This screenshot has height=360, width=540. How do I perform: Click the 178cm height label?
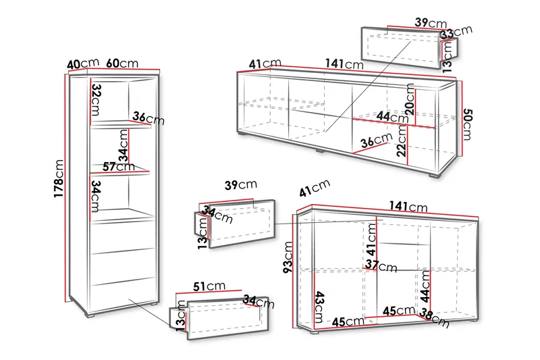(59, 178)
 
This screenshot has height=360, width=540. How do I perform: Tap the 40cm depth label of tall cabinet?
(83, 63)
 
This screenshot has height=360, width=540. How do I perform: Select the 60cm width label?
(122, 63)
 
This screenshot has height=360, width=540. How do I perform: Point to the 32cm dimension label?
(96, 100)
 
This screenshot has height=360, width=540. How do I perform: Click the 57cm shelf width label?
(119, 167)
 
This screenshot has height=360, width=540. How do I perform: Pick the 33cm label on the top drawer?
(456, 32)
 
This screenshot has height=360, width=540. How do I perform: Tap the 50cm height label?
(467, 124)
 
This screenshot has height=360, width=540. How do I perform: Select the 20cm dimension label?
(410, 99)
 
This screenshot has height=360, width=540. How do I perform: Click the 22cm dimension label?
(402, 141)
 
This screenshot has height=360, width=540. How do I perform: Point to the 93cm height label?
(288, 257)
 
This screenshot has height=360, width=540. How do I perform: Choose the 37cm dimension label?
(381, 265)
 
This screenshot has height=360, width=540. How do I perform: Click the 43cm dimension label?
(320, 307)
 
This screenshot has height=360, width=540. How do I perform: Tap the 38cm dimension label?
(435, 317)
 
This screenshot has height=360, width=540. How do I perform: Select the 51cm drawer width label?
(209, 286)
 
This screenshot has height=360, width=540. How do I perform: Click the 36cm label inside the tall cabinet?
(148, 118)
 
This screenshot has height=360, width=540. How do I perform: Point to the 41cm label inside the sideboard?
(371, 240)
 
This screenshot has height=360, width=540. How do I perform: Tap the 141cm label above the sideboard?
(408, 206)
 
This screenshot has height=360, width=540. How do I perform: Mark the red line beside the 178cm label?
(65, 188)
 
